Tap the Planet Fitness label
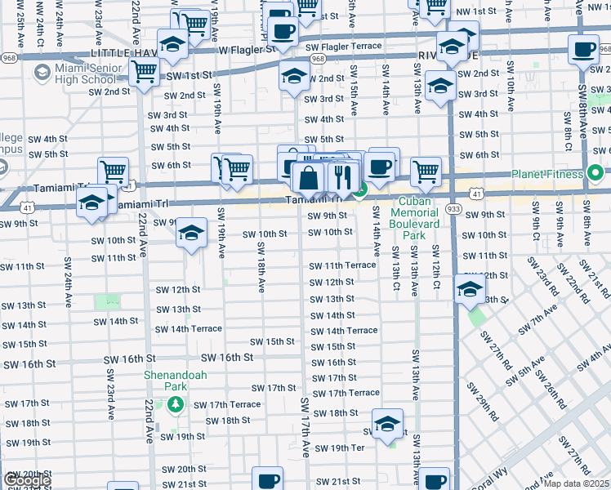tap(546, 173)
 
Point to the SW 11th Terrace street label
tap(341, 266)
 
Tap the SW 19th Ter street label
tap(340, 448)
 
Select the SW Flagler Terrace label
tap(342, 47)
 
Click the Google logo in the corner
tap(26, 480)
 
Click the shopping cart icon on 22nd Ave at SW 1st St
tap(145, 72)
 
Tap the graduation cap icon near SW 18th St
tap(387, 423)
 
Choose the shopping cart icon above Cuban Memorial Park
tap(425, 171)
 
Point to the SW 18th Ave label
tap(261, 274)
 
